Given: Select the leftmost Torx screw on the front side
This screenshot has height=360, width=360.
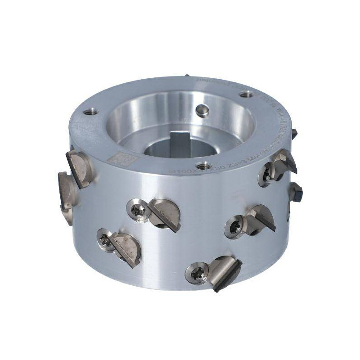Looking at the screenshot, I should tap(105, 242).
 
